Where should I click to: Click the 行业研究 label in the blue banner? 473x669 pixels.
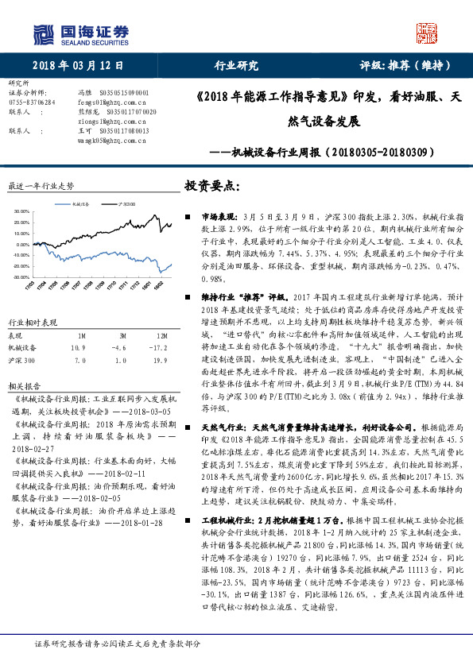236,65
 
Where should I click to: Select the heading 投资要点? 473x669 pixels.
211,185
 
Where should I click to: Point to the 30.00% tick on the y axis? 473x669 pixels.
21,211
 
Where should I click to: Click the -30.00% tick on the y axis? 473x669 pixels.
21,278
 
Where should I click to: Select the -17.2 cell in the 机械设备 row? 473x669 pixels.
161,347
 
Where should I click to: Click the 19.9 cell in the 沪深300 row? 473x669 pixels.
161,361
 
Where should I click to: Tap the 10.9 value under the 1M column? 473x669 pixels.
78,347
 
